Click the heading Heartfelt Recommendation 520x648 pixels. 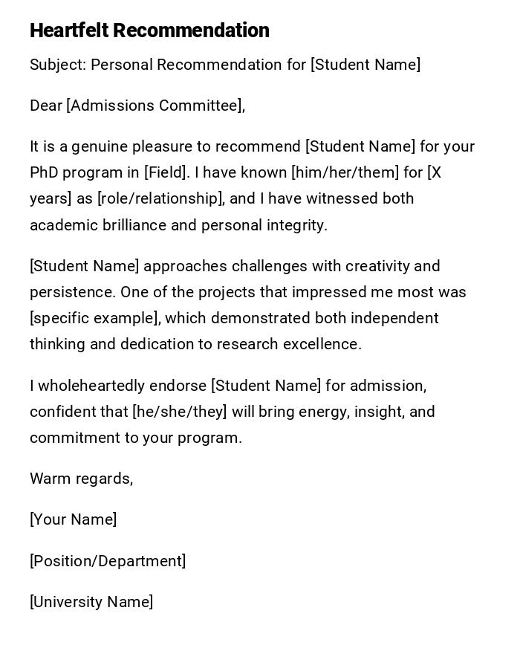coord(149,30)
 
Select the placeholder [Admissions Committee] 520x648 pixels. coord(155,106)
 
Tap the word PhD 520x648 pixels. coord(44,172)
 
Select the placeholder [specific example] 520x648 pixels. coord(94,318)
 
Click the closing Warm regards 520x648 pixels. coord(81,479)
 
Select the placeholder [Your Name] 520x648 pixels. coord(73,519)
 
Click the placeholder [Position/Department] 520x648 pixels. coord(108,561)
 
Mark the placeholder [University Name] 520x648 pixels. coord(91,602)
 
